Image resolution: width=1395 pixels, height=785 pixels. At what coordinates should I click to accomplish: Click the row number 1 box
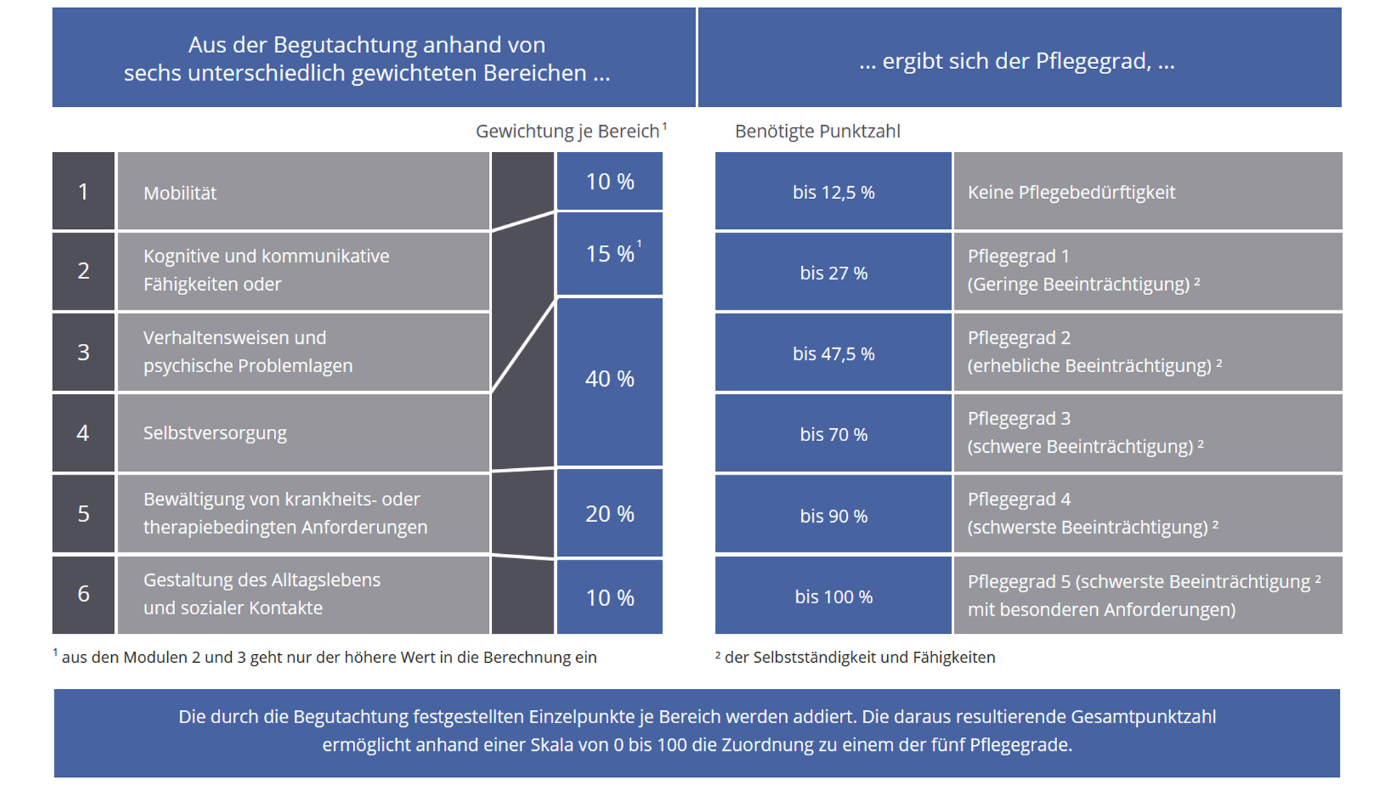[x=84, y=191]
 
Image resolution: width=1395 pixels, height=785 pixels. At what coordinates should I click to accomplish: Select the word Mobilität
[x=180, y=193]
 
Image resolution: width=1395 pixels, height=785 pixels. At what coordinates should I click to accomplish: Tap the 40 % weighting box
[x=610, y=379]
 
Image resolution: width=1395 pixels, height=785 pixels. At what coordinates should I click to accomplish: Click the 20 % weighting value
[x=610, y=514]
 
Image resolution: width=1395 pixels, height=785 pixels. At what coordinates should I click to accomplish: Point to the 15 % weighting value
[x=610, y=254]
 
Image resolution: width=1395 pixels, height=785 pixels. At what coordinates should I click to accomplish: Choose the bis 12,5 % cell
[x=833, y=193]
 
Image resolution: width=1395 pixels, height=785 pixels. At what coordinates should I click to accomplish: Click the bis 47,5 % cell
[x=833, y=354]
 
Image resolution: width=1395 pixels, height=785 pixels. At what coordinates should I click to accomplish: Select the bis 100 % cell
[x=833, y=597]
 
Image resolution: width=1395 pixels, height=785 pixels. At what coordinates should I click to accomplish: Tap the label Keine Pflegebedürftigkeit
[x=1071, y=193]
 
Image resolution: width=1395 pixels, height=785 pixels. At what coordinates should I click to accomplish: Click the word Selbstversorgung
[x=215, y=433]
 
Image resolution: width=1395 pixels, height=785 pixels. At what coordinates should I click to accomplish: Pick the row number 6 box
[x=84, y=594]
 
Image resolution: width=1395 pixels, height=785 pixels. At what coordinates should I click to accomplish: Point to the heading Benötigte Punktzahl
[x=817, y=132]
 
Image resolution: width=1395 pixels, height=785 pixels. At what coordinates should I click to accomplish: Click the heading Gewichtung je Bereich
[x=567, y=132]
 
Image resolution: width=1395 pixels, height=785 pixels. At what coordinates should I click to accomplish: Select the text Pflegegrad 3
[x=1019, y=419]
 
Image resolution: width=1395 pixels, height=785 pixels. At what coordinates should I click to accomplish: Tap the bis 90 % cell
[x=833, y=516]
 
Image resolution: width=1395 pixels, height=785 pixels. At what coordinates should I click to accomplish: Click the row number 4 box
[x=84, y=433]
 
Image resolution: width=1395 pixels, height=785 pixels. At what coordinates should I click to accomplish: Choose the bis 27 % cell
[x=833, y=273]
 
